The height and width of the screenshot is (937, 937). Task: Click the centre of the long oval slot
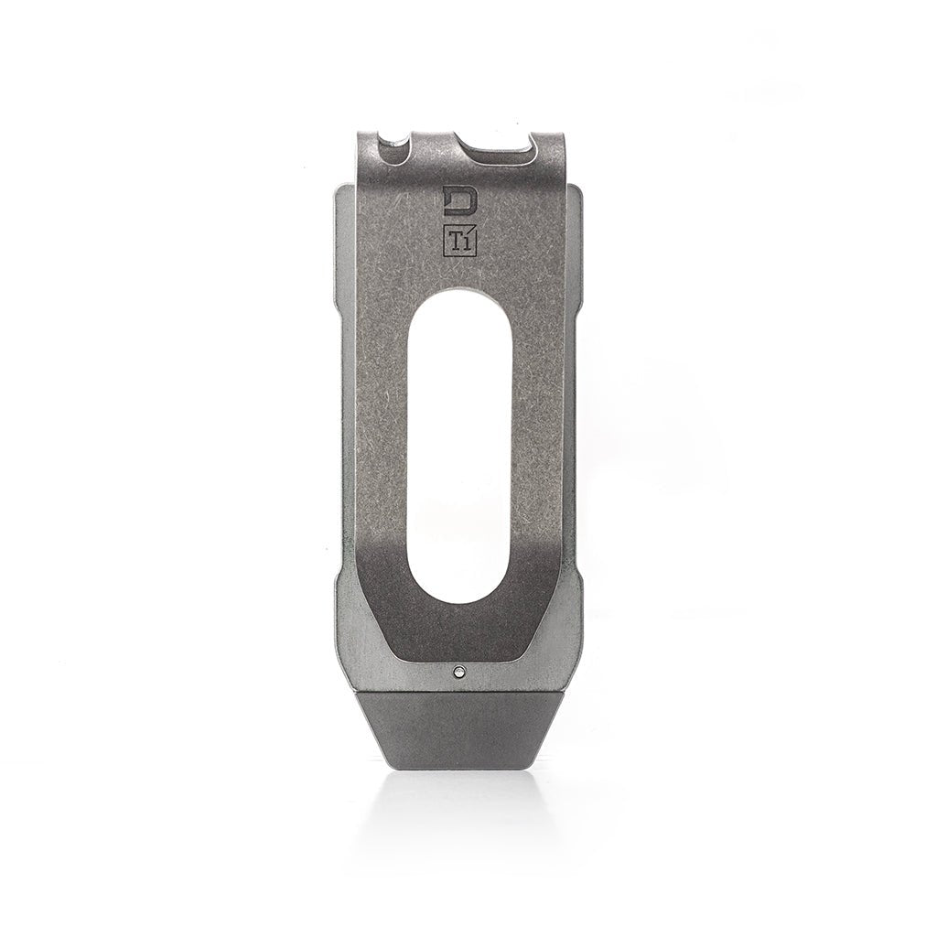458,448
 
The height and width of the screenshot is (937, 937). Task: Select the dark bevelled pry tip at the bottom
458,727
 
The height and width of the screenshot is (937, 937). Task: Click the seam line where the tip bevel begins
458,689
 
